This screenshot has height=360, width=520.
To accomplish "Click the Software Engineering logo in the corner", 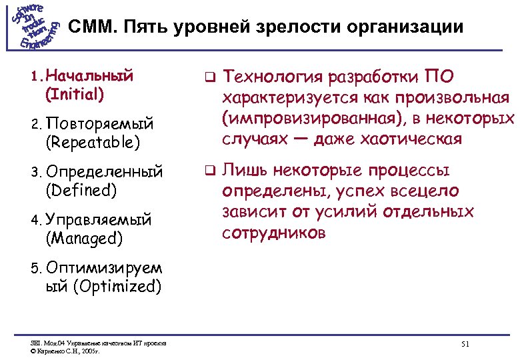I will [35, 27].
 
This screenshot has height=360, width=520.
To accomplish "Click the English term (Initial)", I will [74, 94].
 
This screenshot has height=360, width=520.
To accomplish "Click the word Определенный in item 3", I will [104, 172].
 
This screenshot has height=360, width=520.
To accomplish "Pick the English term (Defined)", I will [81, 191].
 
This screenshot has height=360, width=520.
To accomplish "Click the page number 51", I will [465, 344].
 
